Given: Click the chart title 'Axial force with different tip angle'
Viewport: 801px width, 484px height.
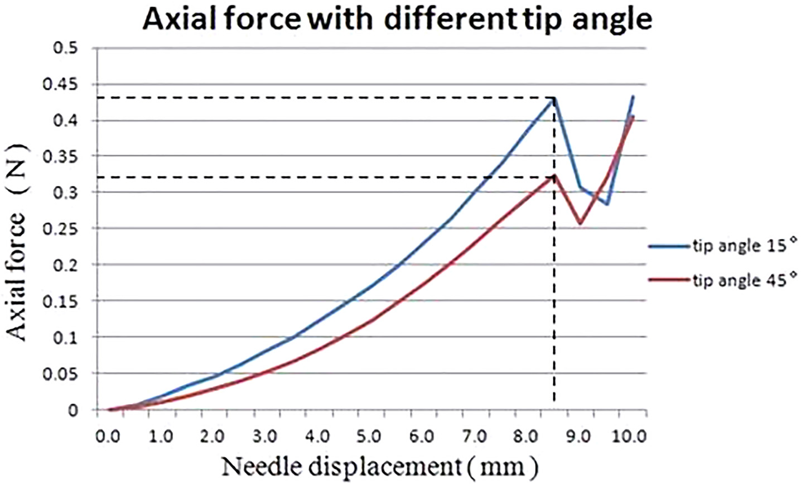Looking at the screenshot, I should pyautogui.click(x=397, y=20).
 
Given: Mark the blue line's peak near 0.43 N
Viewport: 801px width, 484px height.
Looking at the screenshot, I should pyautogui.click(x=554, y=98).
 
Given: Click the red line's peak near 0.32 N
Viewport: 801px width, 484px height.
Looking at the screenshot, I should pyautogui.click(x=554, y=177).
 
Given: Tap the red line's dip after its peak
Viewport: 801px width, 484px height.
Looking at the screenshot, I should pyautogui.click(x=580, y=223).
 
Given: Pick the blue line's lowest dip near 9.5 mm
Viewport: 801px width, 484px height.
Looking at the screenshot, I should pyautogui.click(x=607, y=204).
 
